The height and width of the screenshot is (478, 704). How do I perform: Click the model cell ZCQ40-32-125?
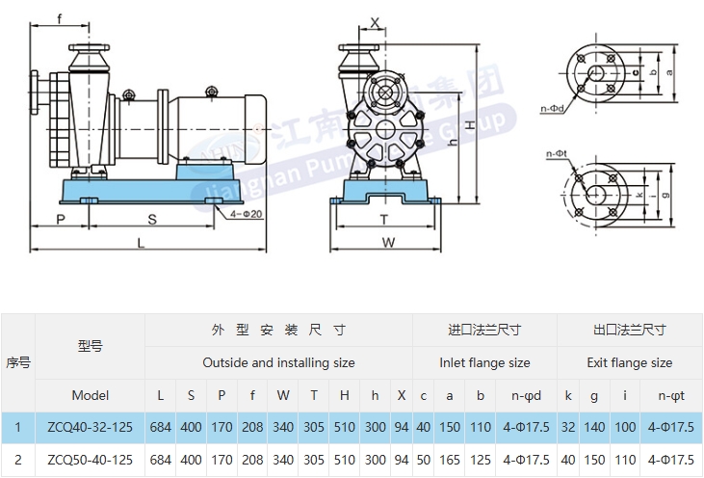coord(90,426)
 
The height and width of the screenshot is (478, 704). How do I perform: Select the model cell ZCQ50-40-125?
coord(90,460)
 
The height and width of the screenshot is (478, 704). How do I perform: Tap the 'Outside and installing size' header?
coord(278,362)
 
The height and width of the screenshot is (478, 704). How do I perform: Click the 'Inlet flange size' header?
coord(484,362)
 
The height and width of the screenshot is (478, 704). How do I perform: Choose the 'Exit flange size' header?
coord(629,362)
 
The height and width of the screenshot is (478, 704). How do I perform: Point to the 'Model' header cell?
coord(90,395)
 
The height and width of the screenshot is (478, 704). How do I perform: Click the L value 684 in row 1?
coord(161,426)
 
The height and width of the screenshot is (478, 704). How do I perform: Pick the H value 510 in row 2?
coord(344,460)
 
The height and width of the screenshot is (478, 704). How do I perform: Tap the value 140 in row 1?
coord(595,426)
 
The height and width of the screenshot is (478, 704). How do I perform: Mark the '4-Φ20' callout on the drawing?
coord(246,213)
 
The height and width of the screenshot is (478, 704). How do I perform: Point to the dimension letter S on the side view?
coord(152,219)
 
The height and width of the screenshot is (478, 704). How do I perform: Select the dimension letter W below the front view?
coord(388,243)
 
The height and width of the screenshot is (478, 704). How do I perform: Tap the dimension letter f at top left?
coord(60,18)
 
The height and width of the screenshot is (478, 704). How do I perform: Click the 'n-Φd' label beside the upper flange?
coord(552,110)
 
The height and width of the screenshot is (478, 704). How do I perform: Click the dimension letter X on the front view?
coord(375,20)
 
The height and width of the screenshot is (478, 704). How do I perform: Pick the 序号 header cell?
coord(17,362)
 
